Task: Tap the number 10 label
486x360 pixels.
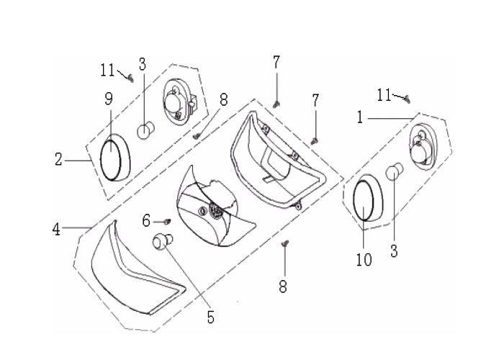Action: (364, 259)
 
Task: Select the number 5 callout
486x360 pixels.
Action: (210, 316)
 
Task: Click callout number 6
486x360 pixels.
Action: (146, 220)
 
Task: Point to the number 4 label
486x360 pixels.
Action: (57, 230)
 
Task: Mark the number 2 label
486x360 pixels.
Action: (58, 159)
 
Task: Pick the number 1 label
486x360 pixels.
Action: (359, 117)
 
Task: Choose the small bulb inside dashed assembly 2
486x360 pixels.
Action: (145, 131)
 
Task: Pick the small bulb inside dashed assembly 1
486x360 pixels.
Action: (393, 173)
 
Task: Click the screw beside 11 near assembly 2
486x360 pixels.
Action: (130, 79)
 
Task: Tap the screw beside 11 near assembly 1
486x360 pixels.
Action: (406, 98)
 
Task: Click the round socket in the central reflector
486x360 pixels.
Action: (215, 210)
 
